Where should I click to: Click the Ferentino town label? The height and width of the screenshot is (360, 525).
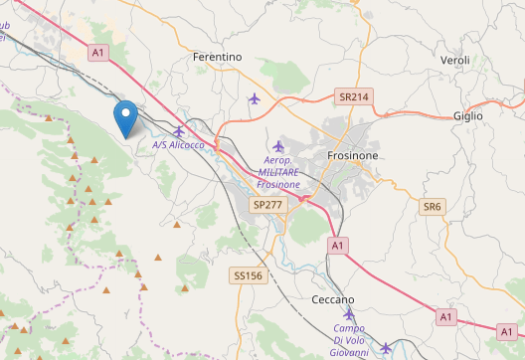(x=217, y=58)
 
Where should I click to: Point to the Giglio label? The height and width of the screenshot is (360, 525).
(x=467, y=116)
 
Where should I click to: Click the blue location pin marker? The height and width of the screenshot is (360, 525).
(x=125, y=119)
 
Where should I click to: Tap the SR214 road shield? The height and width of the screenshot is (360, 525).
(x=353, y=97)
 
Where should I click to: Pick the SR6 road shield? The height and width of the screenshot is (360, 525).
(x=432, y=207)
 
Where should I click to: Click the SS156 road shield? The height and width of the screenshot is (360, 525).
(x=247, y=274)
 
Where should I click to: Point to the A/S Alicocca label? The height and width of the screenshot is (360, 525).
(x=178, y=145)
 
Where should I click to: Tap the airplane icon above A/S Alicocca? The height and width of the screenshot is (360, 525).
(x=179, y=130)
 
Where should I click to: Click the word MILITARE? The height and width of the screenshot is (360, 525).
(x=277, y=173)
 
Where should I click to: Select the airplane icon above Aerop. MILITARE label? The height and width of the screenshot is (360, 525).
(x=278, y=146)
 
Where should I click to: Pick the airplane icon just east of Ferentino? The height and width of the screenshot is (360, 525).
(x=255, y=97)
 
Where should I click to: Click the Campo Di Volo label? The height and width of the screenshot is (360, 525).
(x=349, y=329)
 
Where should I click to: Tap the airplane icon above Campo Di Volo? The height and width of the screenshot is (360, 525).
(x=349, y=313)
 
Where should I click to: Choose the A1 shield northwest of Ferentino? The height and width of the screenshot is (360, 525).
(x=97, y=52)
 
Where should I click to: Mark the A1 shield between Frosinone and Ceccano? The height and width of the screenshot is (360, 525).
(x=337, y=245)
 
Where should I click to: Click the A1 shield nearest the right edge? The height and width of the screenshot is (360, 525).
(x=506, y=329)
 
